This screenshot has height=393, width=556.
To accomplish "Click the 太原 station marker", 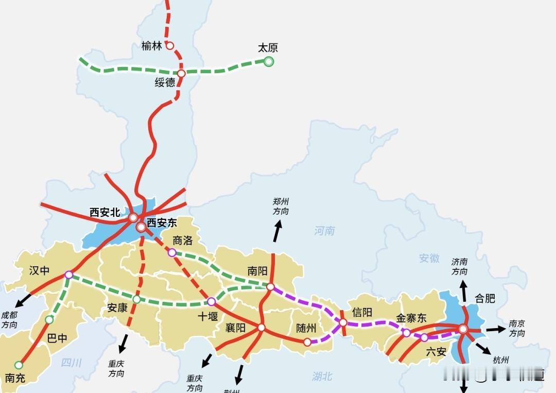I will (268, 62).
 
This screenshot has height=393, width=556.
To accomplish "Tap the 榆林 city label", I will (152, 46).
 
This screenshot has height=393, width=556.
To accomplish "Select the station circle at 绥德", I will (181, 73).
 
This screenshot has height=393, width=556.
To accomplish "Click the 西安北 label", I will (105, 212).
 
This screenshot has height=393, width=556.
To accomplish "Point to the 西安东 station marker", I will (141, 227).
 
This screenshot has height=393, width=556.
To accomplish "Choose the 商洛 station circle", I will (172, 252).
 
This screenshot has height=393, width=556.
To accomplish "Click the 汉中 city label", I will (39, 270).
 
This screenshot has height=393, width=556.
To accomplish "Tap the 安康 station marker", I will (136, 299).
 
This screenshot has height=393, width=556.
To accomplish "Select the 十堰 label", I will (207, 316).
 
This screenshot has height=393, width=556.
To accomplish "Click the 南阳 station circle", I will (270, 287).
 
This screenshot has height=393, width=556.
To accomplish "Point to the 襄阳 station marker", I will (261, 328).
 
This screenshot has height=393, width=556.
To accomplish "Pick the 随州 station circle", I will (307, 342).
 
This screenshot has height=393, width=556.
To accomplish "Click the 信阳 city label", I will (362, 312).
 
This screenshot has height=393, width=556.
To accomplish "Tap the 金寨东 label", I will (411, 318).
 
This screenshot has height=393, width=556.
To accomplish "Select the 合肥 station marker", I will (463, 329).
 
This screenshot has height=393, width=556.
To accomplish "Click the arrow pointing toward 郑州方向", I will (277, 231).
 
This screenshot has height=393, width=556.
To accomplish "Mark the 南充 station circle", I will (19, 365).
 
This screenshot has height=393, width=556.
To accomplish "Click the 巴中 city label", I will (57, 339).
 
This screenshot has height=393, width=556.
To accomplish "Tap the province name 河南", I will (324, 231).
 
